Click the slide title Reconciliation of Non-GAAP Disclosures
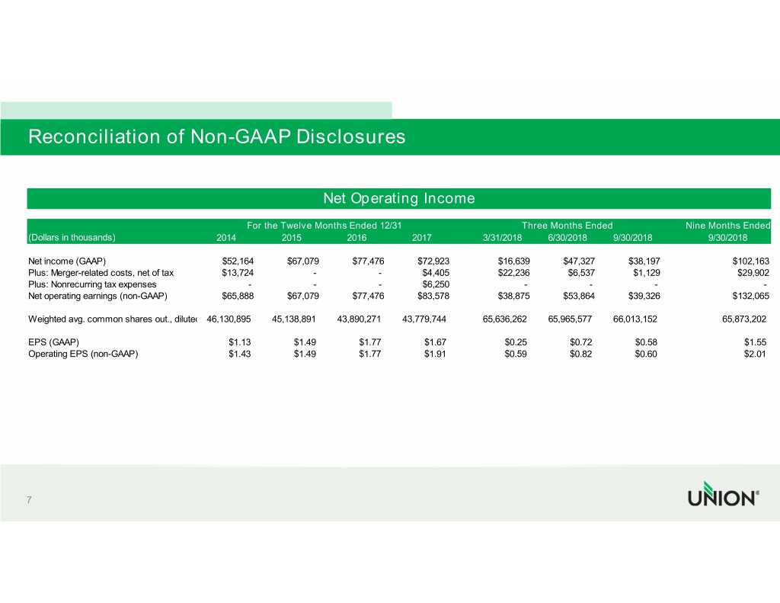pos(216,137)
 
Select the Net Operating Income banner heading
pos(399,198)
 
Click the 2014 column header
pos(226,237)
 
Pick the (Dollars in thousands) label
pos(72,237)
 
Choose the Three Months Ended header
pos(567,225)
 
